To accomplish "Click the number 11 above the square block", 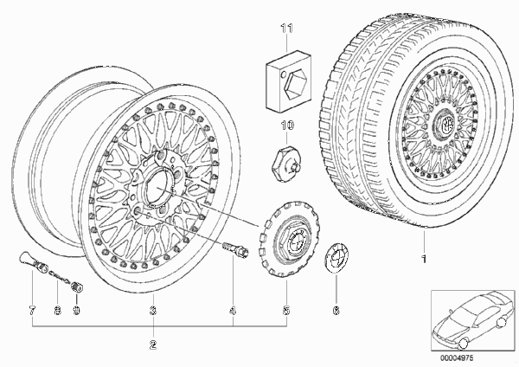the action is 287,29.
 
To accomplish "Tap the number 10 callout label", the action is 287,126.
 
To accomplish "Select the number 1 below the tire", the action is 424,259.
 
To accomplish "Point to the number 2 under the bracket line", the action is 153,344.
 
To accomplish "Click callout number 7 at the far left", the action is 32,311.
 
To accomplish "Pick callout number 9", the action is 76,311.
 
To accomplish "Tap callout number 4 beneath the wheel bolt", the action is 233,311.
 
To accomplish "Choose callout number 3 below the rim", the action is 153,311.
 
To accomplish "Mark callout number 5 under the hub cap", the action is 286,311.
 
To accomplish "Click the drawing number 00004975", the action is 457,358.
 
